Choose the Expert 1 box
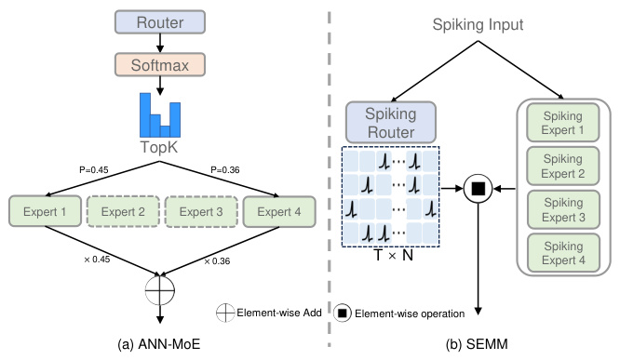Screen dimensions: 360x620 [x=43, y=212]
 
